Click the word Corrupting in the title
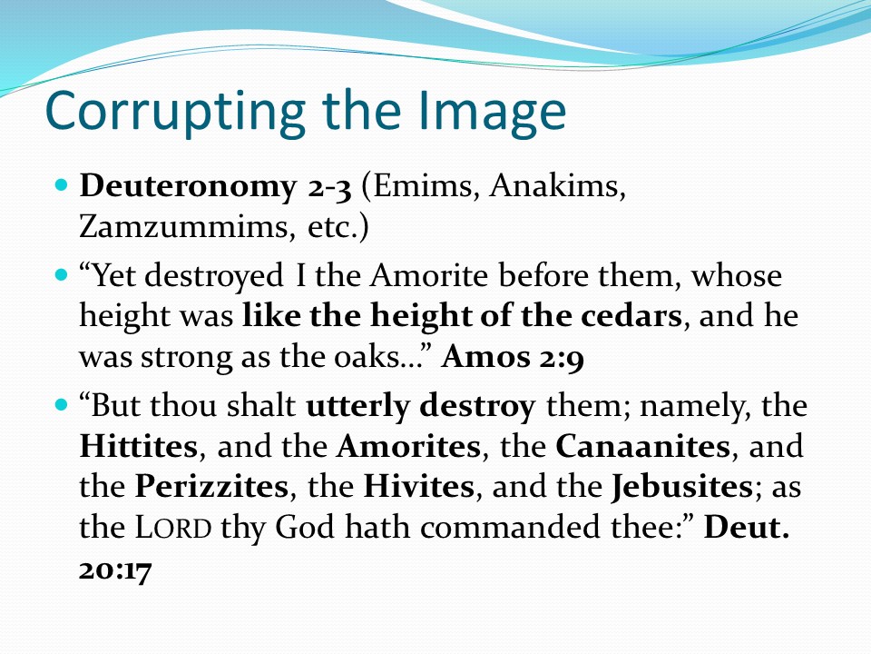coord(175,111)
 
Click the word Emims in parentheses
coord(421,186)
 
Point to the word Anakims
coord(558,185)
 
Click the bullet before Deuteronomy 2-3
coord(63,184)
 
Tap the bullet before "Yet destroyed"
coord(63,274)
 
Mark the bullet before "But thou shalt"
coord(63,404)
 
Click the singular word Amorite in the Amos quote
coord(429,275)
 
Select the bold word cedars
coord(631,316)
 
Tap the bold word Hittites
coord(138,446)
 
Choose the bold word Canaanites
coord(642,446)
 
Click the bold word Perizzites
coord(211,487)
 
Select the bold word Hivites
coord(419,487)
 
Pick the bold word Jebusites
coord(682,487)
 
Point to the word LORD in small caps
coord(173,527)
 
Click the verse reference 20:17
coord(115,570)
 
